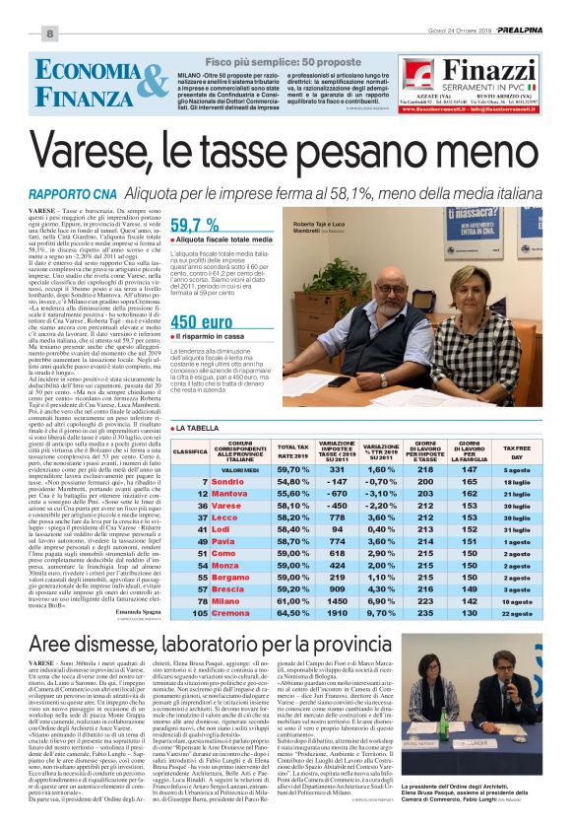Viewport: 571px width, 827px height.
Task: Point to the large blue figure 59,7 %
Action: [195, 224]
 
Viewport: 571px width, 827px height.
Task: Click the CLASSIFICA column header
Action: [190, 451]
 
